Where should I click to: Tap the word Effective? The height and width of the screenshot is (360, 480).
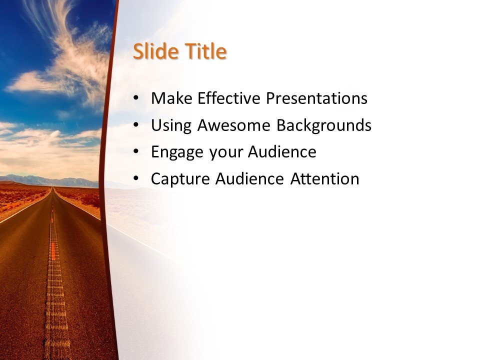229,98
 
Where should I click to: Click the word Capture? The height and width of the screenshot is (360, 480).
181,179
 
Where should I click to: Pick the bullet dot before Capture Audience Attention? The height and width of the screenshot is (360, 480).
137,179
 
